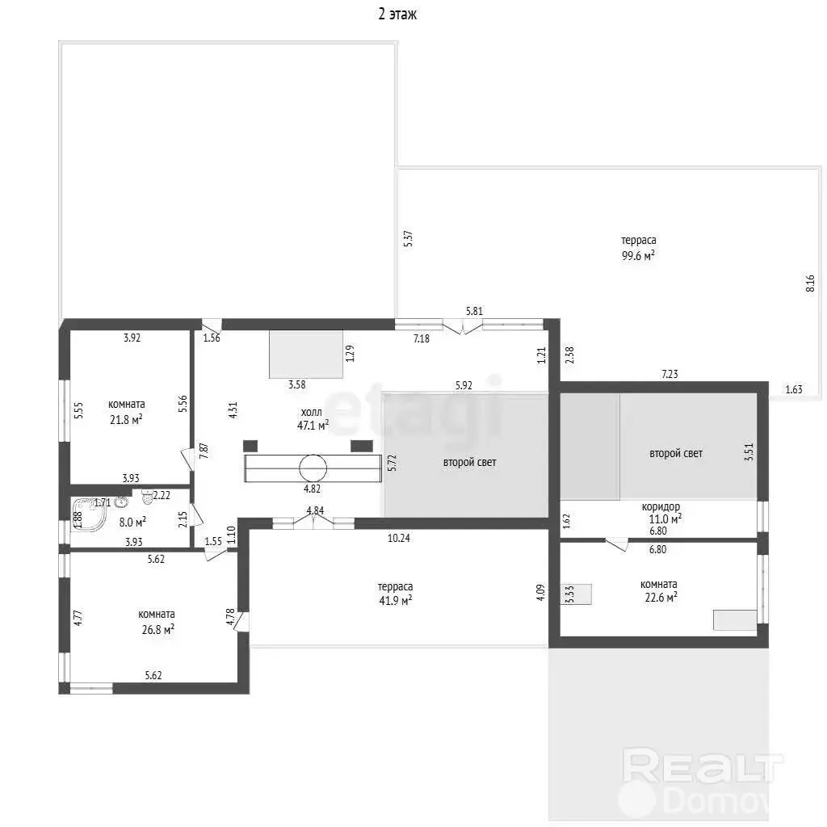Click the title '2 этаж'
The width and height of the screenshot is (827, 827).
coord(397,15)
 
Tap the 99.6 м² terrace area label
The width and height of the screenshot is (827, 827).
coord(638,256)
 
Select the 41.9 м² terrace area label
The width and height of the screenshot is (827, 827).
coord(396,600)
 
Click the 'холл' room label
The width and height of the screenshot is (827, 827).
coord(311,412)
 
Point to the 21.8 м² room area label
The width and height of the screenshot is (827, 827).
coord(126,420)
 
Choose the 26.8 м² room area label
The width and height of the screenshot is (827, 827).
coord(157,630)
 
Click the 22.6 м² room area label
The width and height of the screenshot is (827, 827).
coord(661,598)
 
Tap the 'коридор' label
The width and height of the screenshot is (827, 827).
coord(661,507)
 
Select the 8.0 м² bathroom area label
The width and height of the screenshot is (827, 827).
coord(132,523)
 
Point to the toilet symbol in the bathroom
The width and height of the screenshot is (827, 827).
coord(147,497)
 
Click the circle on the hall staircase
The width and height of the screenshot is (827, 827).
coord(313,468)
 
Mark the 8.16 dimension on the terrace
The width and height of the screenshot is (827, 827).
coord(811,283)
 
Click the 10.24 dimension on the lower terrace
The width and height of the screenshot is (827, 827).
coord(399,538)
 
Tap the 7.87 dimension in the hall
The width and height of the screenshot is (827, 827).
coord(204,451)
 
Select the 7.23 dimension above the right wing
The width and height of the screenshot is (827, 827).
coord(670,374)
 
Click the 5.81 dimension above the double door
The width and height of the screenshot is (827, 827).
coord(474,311)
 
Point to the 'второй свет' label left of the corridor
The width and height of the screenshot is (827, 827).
coord(469,463)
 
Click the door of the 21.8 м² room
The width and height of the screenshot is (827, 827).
coord(187,459)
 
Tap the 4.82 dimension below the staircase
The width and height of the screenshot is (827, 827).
coord(313,489)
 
